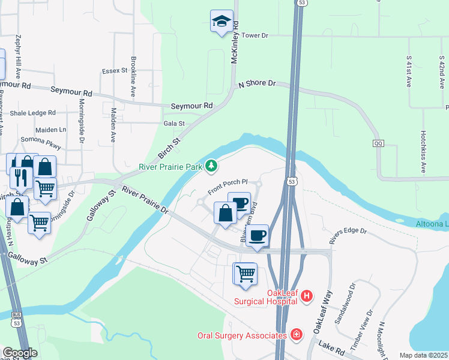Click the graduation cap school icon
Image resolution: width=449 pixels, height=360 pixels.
221,21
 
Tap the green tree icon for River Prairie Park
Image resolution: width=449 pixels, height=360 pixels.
211,166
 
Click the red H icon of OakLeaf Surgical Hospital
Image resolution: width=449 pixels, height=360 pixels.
307,296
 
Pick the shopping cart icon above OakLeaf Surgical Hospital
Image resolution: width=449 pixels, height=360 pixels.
246,274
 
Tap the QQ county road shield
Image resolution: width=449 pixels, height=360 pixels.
378,144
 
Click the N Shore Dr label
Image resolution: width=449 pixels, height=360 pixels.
256,84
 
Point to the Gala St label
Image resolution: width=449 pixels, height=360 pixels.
173,124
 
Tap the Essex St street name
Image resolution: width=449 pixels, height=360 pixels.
115,71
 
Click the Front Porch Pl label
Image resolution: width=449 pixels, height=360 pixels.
228,186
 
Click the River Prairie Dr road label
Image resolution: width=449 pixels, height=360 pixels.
145,200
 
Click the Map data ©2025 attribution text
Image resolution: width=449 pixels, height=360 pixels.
423,355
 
